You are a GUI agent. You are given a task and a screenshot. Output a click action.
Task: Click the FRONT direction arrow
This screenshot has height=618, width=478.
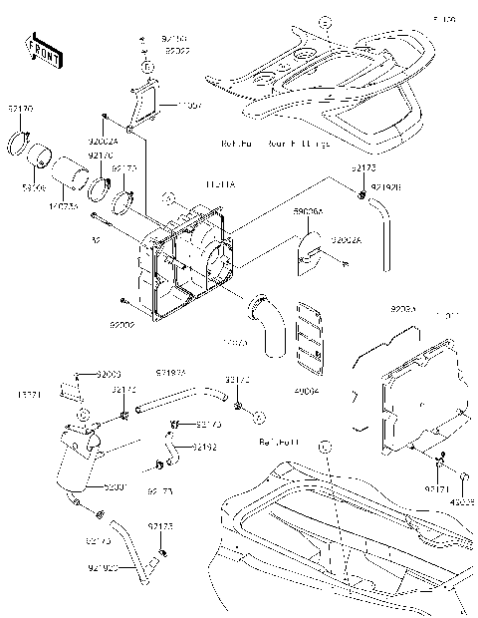tap(40, 50)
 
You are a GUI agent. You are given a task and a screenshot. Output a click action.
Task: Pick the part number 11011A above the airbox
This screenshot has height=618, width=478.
tap(191, 184)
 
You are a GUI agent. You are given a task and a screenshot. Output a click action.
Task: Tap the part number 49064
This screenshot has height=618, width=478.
tap(310, 391)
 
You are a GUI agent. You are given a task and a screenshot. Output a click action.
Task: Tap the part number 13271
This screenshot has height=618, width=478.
tap(30, 394)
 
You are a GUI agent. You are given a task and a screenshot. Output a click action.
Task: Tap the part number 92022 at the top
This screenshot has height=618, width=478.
tap(179, 49)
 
